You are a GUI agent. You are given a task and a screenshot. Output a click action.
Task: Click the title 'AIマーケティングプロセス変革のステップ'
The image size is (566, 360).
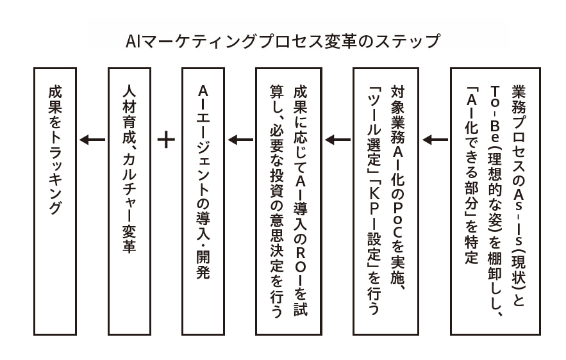click(x=283, y=42)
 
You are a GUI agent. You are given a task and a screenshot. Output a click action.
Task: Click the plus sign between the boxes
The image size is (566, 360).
click(x=166, y=139)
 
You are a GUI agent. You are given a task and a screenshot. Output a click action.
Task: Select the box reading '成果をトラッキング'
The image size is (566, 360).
click(x=55, y=201)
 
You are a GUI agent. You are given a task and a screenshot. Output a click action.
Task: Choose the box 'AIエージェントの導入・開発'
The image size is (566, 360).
click(x=203, y=201)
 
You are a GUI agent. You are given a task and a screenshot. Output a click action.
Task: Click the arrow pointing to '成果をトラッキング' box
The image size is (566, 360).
click(x=92, y=139)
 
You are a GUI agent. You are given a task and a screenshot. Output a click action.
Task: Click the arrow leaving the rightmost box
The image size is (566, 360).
click(x=435, y=139)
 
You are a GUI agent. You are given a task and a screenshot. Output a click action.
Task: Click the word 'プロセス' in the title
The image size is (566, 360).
click(x=295, y=42)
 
